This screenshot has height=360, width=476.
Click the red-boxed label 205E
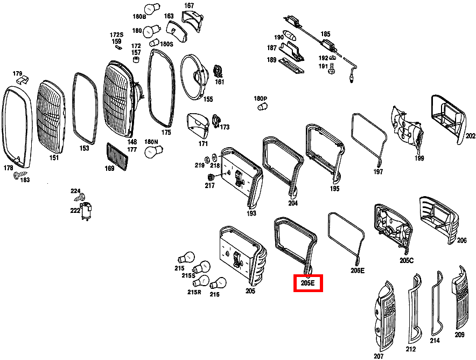[x=308, y=283]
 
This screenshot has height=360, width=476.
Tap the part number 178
[x=8, y=168]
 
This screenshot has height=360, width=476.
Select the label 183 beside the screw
[x=25, y=180]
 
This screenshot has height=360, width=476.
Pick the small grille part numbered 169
[x=117, y=156]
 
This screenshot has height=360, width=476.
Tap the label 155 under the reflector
[x=208, y=99]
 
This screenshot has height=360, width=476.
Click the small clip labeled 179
[x=23, y=80]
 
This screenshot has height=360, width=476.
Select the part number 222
[x=75, y=210]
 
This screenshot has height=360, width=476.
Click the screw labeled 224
[x=80, y=197]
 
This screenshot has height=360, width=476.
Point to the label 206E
[x=358, y=271]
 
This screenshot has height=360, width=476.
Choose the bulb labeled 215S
[x=201, y=268]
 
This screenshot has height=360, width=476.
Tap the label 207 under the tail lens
[x=379, y=356]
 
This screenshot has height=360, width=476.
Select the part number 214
[x=435, y=341]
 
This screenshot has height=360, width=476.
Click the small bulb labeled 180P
[x=262, y=107]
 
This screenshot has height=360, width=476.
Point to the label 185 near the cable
[x=325, y=34]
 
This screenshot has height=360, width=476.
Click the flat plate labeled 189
[x=291, y=66]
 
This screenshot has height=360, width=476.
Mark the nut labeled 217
[x=210, y=177]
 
